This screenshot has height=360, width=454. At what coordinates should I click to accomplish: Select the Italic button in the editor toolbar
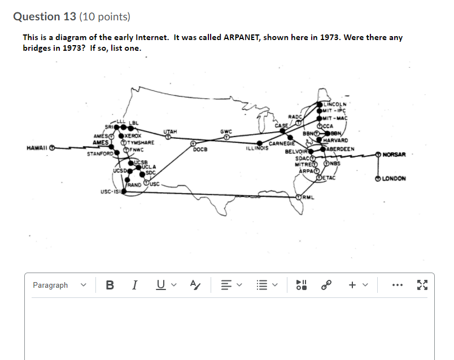tap(134, 286)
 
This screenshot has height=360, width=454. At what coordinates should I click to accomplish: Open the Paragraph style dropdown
tap(58, 286)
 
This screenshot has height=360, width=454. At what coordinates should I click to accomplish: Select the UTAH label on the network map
tap(170, 131)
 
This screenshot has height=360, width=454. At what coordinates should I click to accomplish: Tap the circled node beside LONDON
tap(377, 179)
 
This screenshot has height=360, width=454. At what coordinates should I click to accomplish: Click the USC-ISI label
tap(110, 192)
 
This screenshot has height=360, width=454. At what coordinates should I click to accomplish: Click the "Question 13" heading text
tap(46, 16)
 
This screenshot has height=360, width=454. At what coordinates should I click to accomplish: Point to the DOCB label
tap(200, 150)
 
